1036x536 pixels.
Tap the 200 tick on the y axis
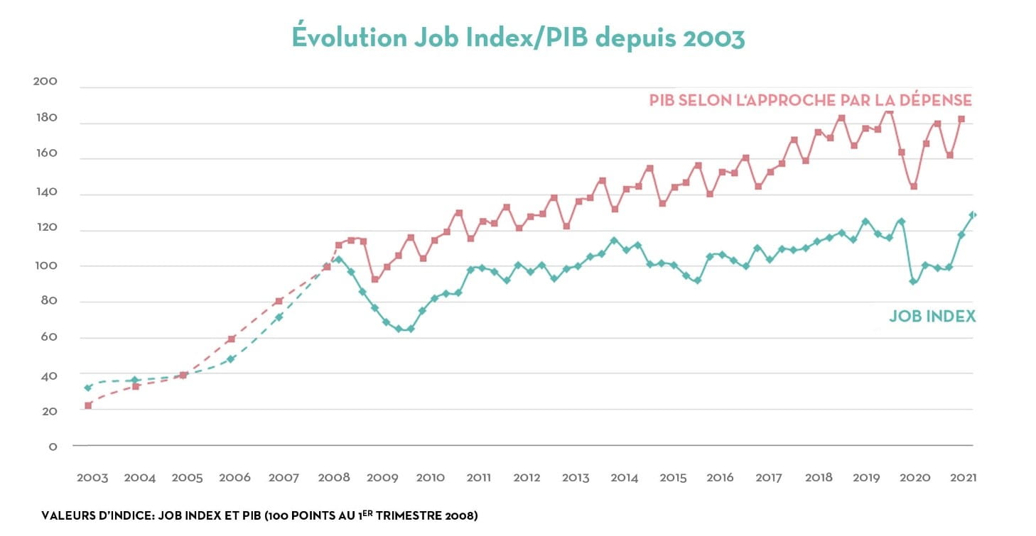(45, 82)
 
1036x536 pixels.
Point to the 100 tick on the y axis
(45, 266)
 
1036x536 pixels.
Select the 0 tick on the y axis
(52, 447)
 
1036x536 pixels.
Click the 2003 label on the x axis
(92, 478)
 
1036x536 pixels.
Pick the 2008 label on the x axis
(334, 478)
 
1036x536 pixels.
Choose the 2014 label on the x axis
(624, 478)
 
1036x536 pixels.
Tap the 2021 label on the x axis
(963, 478)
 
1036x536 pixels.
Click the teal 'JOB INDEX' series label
(932, 317)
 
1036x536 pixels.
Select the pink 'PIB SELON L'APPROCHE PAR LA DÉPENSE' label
(810, 100)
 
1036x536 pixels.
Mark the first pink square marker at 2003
(88, 405)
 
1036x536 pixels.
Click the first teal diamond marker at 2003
(88, 388)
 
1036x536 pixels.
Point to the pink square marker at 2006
(232, 339)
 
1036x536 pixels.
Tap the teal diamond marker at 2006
(231, 359)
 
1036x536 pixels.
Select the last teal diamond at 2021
(973, 214)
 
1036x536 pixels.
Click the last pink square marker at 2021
(961, 119)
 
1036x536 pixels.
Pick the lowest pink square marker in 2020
(914, 187)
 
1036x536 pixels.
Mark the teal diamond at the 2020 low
(913, 282)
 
